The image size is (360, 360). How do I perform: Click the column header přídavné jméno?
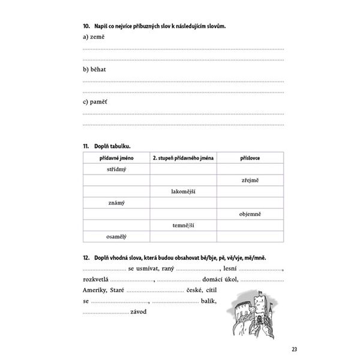pyautogui.click(x=116, y=157)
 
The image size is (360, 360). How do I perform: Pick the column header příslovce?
pyautogui.click(x=251, y=157)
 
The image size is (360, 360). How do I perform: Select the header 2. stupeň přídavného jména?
pyautogui.click(x=183, y=157)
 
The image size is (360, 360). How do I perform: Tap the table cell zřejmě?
pyautogui.click(x=251, y=180)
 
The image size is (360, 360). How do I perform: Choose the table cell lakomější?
pyautogui.click(x=183, y=191)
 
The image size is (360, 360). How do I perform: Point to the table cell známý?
pyautogui.click(x=116, y=203)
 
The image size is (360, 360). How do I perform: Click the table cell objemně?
pyautogui.click(x=251, y=214)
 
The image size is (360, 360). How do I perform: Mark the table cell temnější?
pyautogui.click(x=183, y=225)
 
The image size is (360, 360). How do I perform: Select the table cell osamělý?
pyautogui.click(x=116, y=236)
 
